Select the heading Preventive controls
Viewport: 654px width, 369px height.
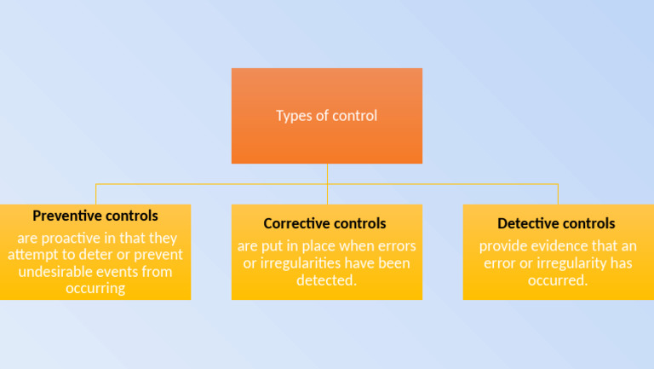pos(95,216)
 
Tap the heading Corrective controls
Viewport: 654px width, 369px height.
pos(324,223)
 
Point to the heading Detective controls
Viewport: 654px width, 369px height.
pos(556,223)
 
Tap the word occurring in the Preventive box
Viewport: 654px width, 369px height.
pos(95,289)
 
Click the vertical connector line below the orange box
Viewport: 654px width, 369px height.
pos(327,173)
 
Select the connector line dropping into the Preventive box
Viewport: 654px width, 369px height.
pos(95,193)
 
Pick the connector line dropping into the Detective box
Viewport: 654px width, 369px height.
pos(558,193)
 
